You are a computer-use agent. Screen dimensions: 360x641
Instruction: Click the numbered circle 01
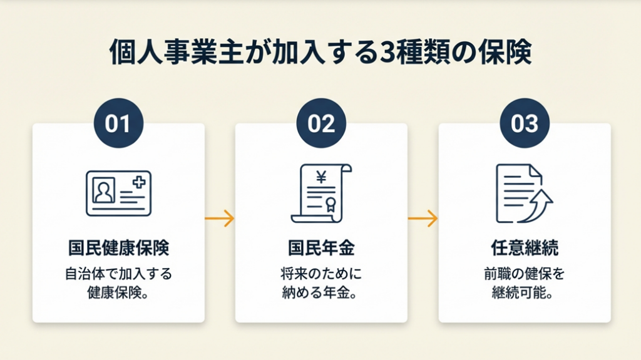pos(118,123)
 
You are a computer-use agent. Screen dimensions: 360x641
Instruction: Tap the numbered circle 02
pos(321,123)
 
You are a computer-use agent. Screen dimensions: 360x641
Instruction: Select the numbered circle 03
pos(524,123)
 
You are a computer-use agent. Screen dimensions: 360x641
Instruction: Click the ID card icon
pos(118,193)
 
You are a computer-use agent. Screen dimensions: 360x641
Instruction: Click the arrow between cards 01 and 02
pos(220,219)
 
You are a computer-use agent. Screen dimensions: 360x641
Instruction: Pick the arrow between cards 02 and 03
pos(423,219)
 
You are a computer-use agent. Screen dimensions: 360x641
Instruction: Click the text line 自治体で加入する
pos(118,274)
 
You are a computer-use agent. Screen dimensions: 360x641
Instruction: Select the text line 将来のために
pos(321,274)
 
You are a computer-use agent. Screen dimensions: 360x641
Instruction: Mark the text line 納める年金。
pos(321,293)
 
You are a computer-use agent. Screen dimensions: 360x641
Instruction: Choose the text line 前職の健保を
pos(524,274)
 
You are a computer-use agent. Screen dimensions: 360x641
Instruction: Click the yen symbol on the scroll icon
pos(321,178)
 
